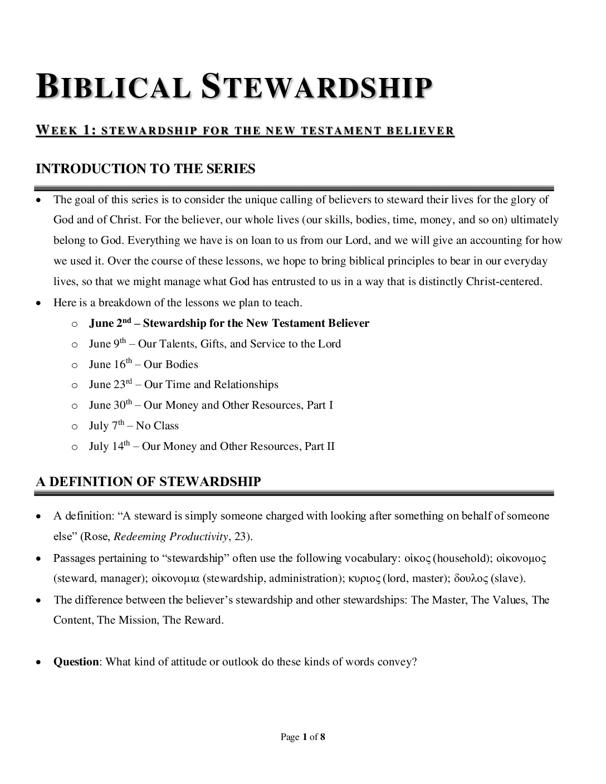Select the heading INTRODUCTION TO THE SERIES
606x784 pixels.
(145, 169)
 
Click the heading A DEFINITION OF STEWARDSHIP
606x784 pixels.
(148, 482)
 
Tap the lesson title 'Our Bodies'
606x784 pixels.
(171, 365)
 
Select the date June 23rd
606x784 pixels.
(110, 385)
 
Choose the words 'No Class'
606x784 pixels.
(157, 426)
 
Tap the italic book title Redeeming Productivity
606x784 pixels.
(171, 537)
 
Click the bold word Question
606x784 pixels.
(76, 662)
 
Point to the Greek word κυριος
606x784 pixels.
(363, 579)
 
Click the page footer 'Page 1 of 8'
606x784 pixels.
(303, 737)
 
